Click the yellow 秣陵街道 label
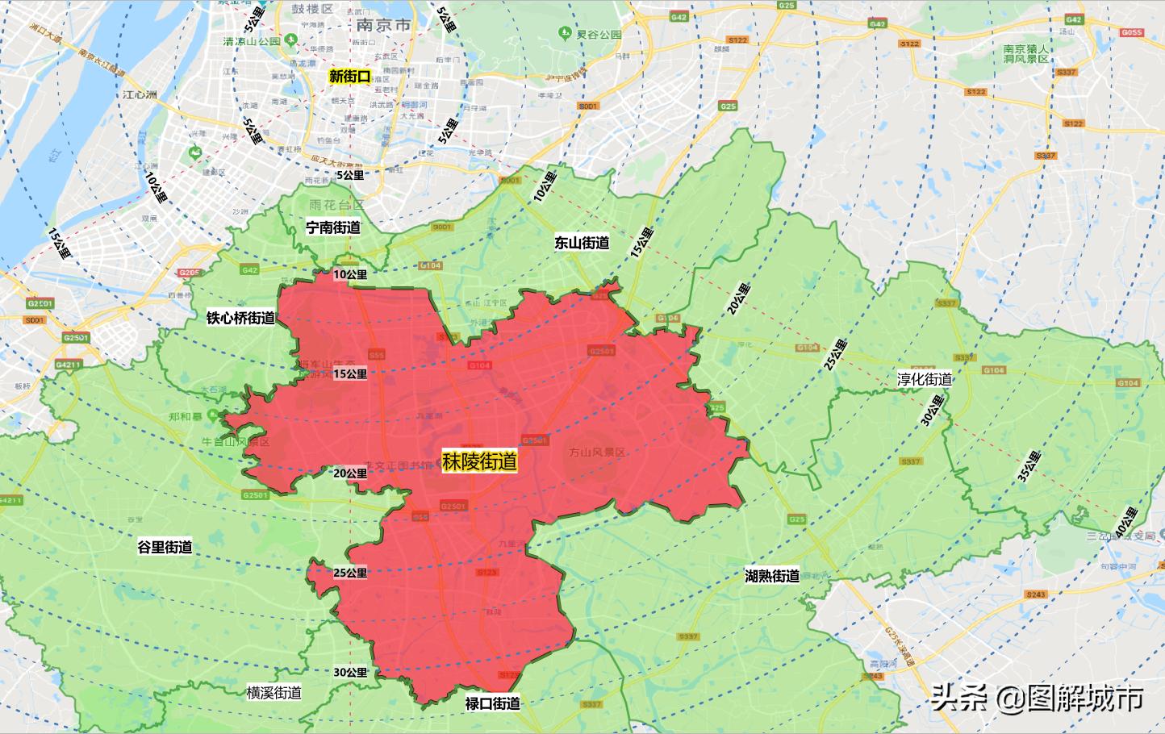point(479,461)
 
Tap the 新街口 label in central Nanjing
point(350,77)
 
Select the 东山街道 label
point(582,243)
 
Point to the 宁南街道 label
point(333,227)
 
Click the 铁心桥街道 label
point(240,318)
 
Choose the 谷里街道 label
point(165,547)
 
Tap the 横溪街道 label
point(274,692)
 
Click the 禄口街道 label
point(493,703)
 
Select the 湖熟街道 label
point(772,576)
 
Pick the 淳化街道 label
point(925,379)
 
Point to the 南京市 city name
point(382,25)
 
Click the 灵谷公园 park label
point(597,34)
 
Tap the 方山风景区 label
point(597,452)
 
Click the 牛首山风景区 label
point(236,442)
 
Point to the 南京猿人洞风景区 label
point(1026,53)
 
